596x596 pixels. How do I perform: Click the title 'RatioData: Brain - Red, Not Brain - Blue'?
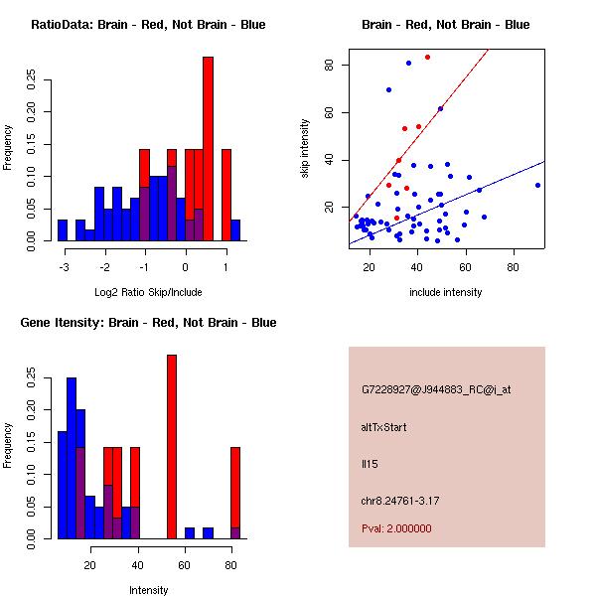[148, 25]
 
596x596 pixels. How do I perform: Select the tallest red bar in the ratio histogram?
[208, 149]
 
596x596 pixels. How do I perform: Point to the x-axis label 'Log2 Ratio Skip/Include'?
[147, 292]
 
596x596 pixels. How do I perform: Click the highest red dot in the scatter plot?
[427, 57]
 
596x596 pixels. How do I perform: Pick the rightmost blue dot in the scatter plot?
[537, 185]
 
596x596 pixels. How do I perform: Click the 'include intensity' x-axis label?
[445, 292]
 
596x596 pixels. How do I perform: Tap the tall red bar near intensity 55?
[172, 447]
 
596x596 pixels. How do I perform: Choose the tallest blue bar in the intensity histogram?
[72, 457]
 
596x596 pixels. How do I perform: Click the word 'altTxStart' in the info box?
[385, 427]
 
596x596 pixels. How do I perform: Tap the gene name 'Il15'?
[370, 463]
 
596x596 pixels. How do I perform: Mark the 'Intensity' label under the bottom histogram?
[148, 590]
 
